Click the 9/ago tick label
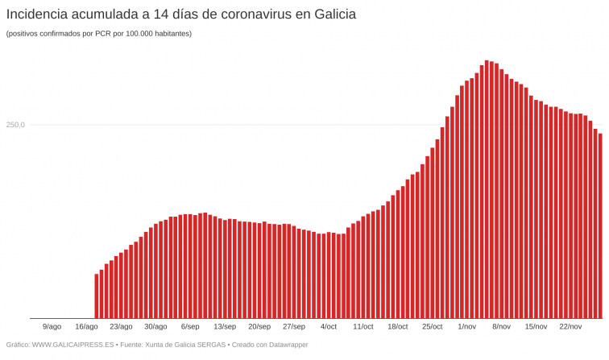52,326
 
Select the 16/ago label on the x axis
86,326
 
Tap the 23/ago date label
121,326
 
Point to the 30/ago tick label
155,326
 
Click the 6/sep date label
190,326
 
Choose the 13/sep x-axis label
225,326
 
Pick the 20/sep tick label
259,326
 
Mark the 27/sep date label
294,326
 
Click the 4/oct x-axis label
329,326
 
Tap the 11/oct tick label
363,326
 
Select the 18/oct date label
398,326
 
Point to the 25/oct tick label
433,326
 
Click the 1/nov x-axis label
467,326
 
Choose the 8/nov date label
502,326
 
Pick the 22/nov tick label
570,326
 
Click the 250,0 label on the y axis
16,125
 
